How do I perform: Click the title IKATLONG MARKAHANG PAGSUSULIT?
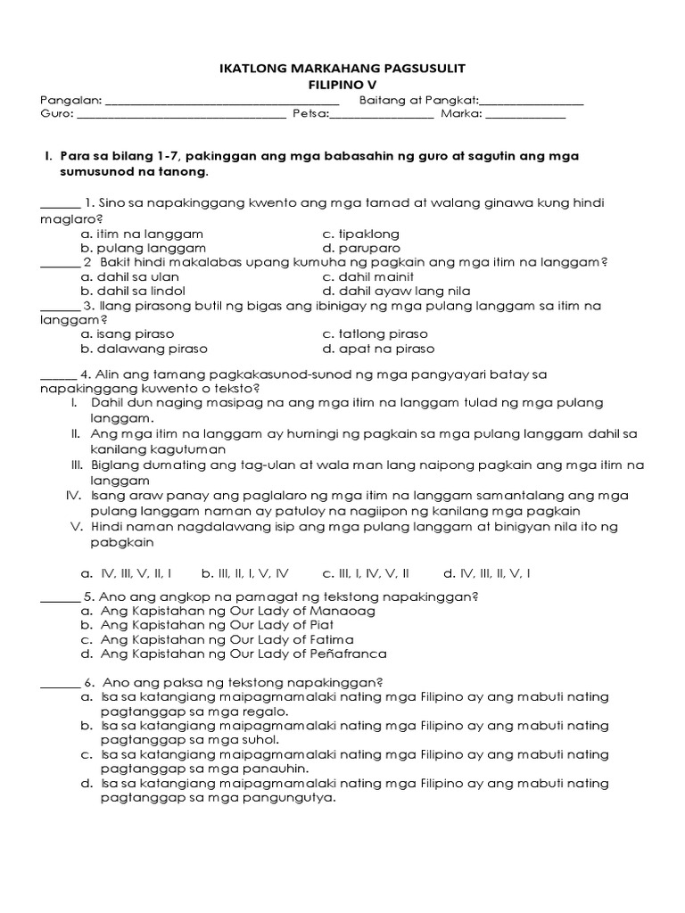[x=342, y=68]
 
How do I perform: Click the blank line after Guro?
[x=182, y=114]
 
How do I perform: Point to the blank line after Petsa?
[x=382, y=114]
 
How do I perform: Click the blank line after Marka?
[x=525, y=114]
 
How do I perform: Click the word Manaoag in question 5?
[x=343, y=611]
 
